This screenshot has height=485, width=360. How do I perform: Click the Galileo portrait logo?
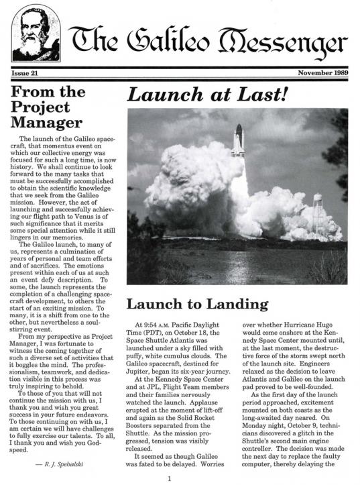[x=36, y=33]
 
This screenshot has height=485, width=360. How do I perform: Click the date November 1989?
[x=322, y=72]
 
